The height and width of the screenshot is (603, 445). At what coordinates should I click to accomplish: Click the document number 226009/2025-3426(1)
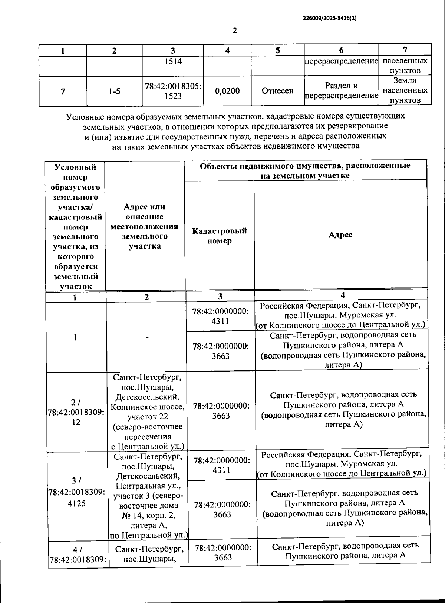tap(330, 18)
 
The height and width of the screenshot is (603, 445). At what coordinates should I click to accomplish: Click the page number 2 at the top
tap(235, 31)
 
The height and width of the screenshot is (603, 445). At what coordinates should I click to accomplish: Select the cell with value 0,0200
tap(227, 91)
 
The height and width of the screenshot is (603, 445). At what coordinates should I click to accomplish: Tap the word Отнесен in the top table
tap(277, 91)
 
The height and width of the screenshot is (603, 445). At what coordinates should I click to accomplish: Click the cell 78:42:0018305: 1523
tap(173, 91)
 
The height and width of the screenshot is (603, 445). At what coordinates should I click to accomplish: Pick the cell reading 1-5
tap(115, 91)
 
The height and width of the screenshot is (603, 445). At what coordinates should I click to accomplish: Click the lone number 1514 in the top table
tap(173, 62)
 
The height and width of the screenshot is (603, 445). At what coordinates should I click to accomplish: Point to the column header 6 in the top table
tap(341, 50)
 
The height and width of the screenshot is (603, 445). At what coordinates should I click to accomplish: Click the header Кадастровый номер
tap(219, 236)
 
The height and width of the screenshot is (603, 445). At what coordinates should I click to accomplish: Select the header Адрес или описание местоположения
tap(145, 226)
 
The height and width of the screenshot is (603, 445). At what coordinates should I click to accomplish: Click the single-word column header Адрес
tap(340, 235)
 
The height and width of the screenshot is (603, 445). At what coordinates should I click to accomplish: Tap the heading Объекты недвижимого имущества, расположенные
tap(305, 166)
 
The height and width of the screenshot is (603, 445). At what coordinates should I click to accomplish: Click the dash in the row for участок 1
tap(147, 337)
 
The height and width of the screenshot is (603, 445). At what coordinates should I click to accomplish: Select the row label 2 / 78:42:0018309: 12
tap(76, 412)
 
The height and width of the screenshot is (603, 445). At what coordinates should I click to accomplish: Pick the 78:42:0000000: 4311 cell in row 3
tap(222, 465)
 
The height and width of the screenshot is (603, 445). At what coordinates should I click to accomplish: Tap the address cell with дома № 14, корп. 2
tap(148, 496)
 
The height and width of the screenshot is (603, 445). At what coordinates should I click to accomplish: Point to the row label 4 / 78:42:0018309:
tap(78, 554)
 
